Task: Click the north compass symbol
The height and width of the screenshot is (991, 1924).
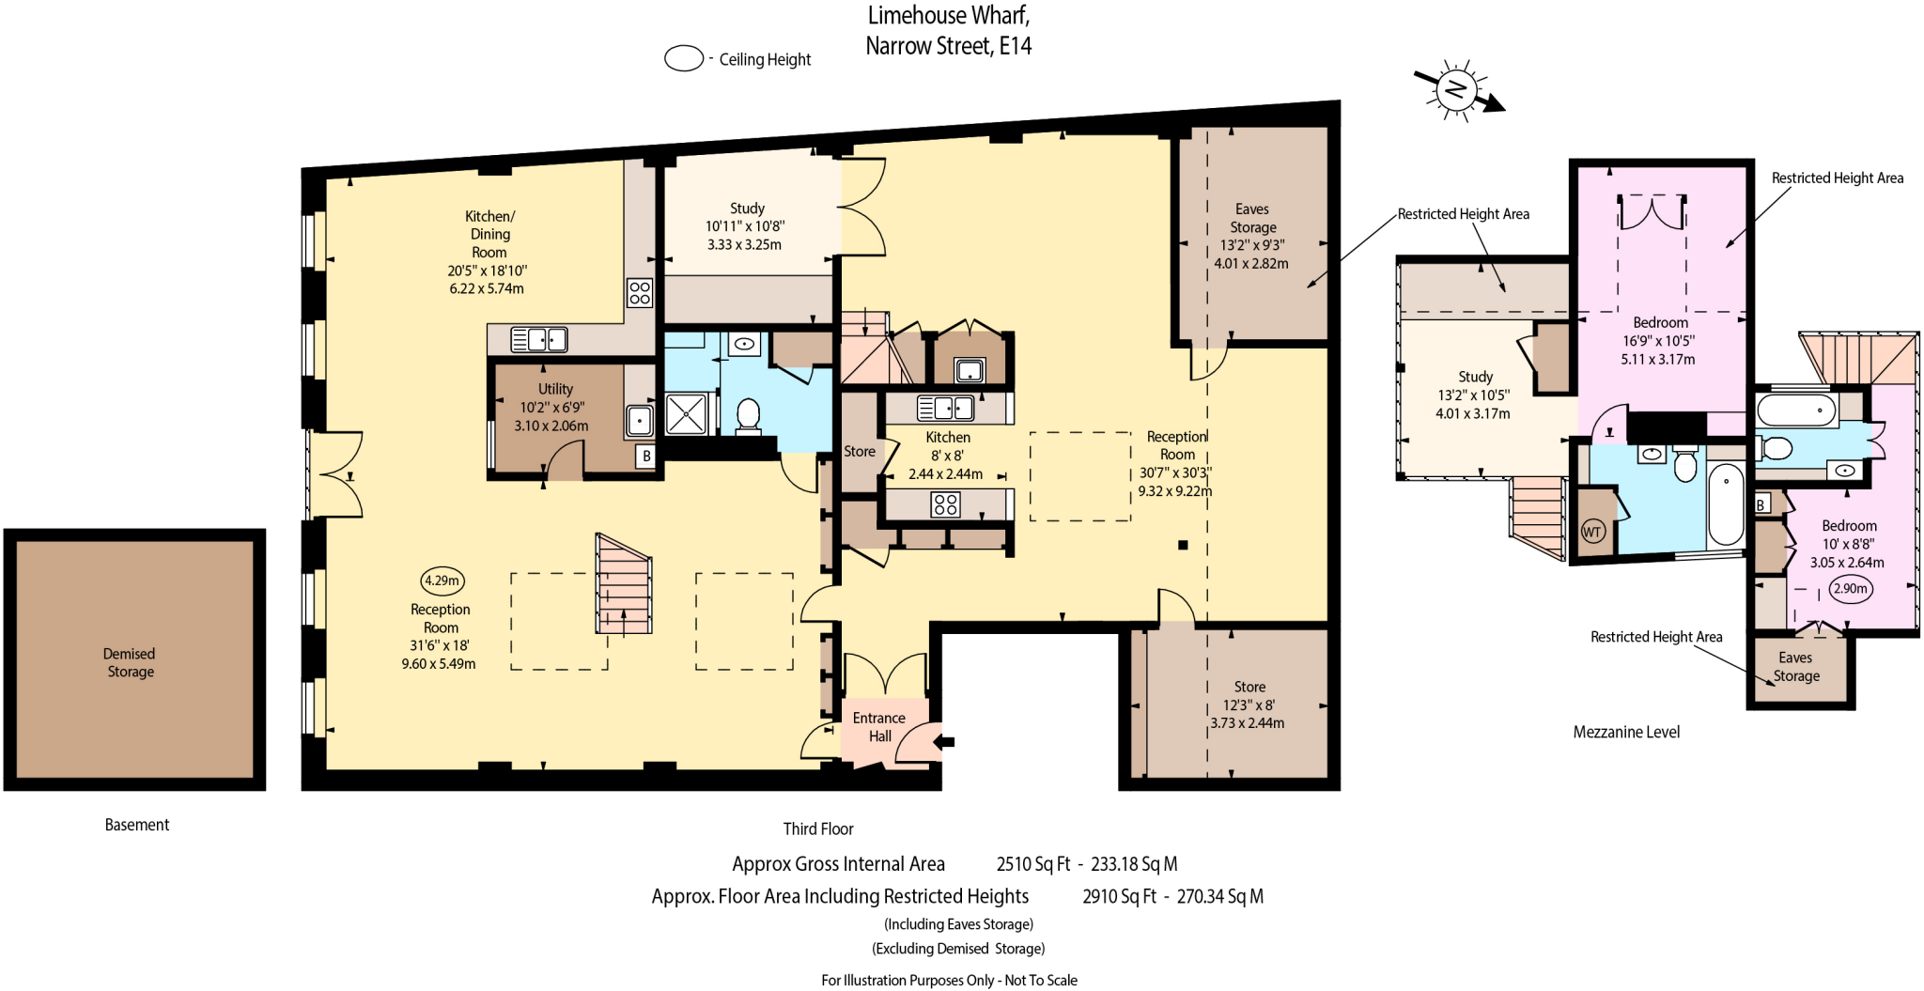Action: [1456, 90]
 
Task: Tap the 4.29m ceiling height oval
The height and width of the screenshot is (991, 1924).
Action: [442, 581]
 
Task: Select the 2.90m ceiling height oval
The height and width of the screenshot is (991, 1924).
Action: [1850, 589]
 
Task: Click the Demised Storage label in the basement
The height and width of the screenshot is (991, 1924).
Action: [130, 662]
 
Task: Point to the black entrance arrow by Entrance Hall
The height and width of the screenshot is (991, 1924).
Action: [944, 742]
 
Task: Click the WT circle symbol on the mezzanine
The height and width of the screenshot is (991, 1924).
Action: [1591, 532]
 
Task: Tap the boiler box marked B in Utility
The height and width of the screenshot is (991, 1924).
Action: [645, 457]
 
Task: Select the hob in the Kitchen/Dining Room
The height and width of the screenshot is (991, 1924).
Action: [640, 293]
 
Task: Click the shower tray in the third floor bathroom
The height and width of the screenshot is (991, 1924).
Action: [685, 414]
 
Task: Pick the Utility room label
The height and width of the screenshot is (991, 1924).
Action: [555, 389]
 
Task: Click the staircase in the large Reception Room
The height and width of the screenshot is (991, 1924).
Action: [623, 584]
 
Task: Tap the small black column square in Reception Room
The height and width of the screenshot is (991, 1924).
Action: [1183, 545]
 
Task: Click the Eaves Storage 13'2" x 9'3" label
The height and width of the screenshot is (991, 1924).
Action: [1251, 236]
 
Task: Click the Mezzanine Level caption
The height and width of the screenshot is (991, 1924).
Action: [1626, 732]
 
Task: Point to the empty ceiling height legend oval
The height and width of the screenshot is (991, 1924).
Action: [684, 58]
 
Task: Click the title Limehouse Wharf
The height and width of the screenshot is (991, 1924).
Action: [948, 16]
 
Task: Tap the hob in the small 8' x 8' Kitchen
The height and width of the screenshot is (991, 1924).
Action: [945, 504]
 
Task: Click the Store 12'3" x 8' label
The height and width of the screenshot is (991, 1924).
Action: [1249, 705]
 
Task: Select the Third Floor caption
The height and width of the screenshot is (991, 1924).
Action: [818, 828]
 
